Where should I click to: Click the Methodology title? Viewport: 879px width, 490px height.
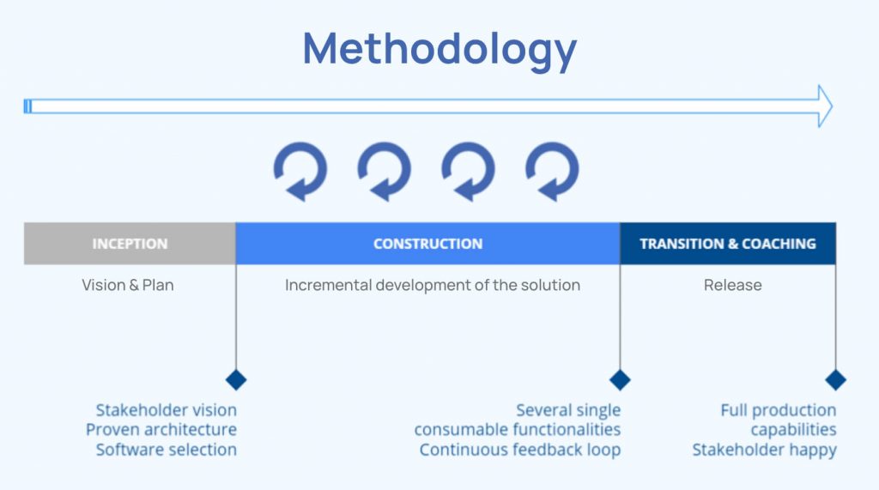(439, 48)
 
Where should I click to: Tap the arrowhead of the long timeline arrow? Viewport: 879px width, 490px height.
(824, 106)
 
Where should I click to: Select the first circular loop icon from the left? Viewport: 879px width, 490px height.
(300, 171)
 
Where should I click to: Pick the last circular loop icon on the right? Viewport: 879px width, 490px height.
(552, 171)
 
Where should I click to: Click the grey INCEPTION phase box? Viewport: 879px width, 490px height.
(130, 244)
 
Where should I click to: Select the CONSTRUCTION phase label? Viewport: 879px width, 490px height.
(427, 244)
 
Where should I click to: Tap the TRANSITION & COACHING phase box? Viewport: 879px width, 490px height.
(727, 244)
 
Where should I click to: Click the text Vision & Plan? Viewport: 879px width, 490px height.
(128, 285)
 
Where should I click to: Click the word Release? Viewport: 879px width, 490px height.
(732, 285)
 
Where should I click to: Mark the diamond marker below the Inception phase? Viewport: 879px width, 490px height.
(235, 379)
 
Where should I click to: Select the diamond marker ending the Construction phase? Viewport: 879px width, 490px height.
(620, 379)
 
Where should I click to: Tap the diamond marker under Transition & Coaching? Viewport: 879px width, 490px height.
(835, 379)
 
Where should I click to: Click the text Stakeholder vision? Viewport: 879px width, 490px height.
(166, 410)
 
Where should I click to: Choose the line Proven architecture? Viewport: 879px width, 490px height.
(161, 430)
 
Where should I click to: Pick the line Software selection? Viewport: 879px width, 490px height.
(166, 450)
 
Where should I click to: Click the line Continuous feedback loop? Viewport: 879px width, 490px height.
(519, 450)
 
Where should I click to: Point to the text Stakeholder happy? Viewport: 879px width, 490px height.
(764, 450)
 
